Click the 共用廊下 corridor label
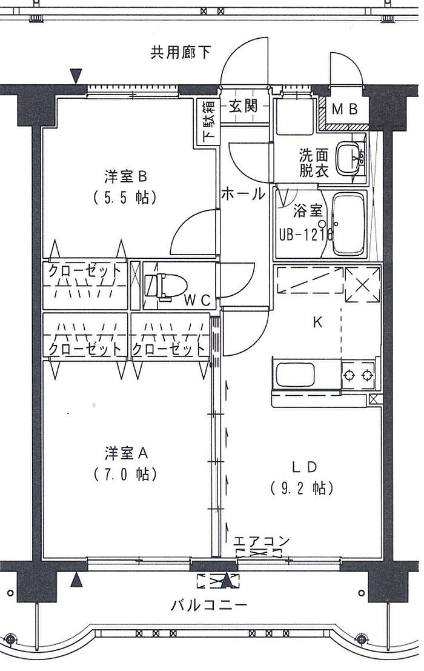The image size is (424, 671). [x=181, y=53]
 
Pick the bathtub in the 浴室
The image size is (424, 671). [x=349, y=225]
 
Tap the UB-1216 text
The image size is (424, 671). [x=305, y=233]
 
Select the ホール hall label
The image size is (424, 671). [x=242, y=194]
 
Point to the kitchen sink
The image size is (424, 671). [x=295, y=376]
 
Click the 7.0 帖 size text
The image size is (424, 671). [x=126, y=473]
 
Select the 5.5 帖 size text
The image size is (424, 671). [x=126, y=197]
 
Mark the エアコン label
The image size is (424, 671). [x=262, y=540]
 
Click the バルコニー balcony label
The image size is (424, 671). [x=208, y=605]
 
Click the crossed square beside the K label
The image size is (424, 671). [x=362, y=284]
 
